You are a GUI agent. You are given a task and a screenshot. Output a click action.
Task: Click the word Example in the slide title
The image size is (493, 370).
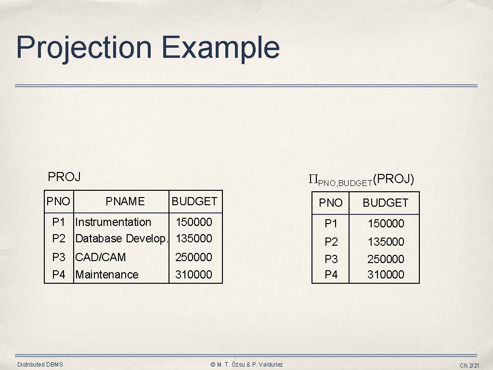pyautogui.click(x=220, y=47)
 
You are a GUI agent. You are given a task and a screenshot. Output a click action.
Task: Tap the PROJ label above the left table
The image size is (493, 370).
pyautogui.click(x=64, y=177)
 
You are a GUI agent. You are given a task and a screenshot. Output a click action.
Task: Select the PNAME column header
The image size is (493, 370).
pyautogui.click(x=125, y=201)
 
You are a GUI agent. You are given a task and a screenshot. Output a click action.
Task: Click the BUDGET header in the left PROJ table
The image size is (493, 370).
pyautogui.click(x=195, y=201)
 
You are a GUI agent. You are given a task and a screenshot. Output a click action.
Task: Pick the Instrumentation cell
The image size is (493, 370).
pyautogui.click(x=113, y=222)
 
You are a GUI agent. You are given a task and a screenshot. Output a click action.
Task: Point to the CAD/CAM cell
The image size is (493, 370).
pyautogui.click(x=101, y=257)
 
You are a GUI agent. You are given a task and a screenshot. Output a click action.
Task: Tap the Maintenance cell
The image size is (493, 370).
pyautogui.click(x=107, y=275)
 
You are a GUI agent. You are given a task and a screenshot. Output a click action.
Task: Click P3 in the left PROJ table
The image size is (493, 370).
pyautogui.click(x=59, y=257)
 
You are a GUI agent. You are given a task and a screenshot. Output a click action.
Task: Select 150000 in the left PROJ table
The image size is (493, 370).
pyautogui.click(x=194, y=222)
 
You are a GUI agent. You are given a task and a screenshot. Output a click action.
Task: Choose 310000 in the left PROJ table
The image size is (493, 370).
pyautogui.click(x=194, y=275)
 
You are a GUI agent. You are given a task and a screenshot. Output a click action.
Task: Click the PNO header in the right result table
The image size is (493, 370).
pyautogui.click(x=331, y=203)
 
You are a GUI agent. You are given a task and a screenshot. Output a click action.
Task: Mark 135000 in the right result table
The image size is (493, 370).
pyautogui.click(x=386, y=241)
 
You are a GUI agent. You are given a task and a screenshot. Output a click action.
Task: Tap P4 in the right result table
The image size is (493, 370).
pyautogui.click(x=331, y=275)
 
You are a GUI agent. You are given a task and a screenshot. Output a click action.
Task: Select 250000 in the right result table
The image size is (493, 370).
pyautogui.click(x=386, y=259)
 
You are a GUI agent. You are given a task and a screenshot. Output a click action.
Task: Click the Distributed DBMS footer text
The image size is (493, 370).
pyautogui.click(x=40, y=365)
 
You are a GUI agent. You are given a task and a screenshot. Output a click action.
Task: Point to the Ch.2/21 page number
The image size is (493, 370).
pyautogui.click(x=469, y=366)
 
